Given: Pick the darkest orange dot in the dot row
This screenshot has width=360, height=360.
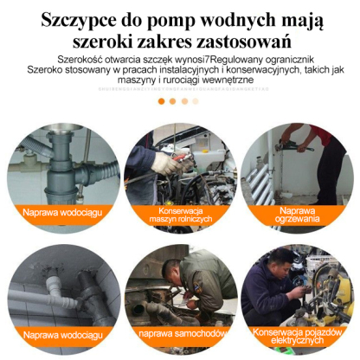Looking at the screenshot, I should (x=161, y=101).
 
